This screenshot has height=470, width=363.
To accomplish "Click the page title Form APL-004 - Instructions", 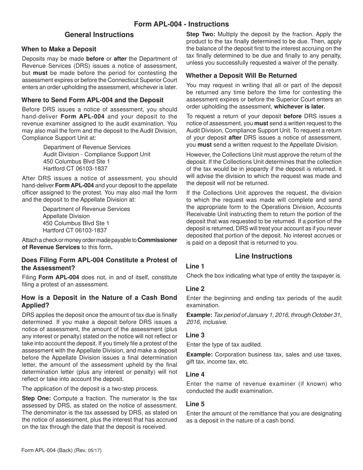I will click(181, 24).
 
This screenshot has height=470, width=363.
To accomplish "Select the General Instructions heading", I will click(99, 35).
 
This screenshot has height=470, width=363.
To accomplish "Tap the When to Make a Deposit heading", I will click(59, 49).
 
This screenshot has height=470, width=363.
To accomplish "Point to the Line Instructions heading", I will click(264, 256).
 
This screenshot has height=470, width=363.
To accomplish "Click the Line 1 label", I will click(195, 266).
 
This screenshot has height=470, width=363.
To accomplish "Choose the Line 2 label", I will click(195, 289).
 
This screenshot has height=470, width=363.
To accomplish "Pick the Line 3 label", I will click(195, 335).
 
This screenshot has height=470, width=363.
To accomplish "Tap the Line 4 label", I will click(195, 374).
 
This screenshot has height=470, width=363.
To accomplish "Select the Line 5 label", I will click(195, 404).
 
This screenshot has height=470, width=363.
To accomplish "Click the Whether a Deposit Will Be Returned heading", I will click(241, 76).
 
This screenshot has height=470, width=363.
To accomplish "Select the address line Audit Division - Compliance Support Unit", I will click(97, 154).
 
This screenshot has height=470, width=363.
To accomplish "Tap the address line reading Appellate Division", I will click(66, 216).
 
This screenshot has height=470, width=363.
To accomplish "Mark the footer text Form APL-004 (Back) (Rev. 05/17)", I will click(62, 451).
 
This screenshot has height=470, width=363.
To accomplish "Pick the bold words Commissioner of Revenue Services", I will click(99, 243).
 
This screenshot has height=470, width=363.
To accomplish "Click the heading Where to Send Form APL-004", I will click(92, 100).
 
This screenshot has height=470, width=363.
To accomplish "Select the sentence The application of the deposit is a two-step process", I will click(90, 389).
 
